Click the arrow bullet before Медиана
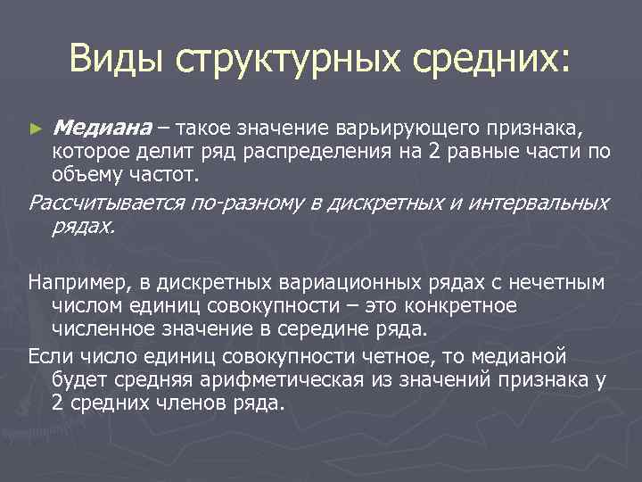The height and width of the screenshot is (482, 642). (35, 129)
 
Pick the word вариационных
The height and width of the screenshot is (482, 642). (343, 283)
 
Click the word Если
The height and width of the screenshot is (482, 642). (48, 357)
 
